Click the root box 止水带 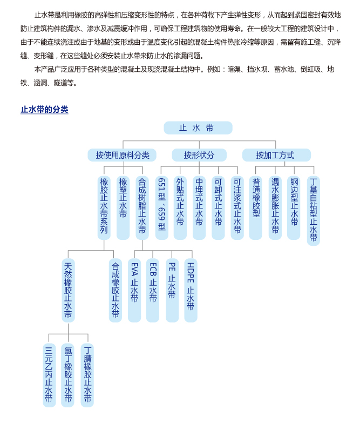(198, 128)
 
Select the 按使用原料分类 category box (122, 155)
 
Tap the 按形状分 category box (199, 155)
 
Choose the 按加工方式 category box (276, 155)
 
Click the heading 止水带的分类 (44, 110)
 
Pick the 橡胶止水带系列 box (104, 207)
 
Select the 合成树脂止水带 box (142, 207)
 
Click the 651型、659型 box (161, 207)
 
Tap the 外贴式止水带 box (180, 207)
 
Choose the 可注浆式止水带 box (237, 207)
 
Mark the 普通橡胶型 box (256, 207)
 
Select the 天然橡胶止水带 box (68, 290)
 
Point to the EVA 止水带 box (134, 290)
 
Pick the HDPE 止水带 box (191, 290)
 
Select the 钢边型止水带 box (294, 207)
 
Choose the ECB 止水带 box (153, 290)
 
